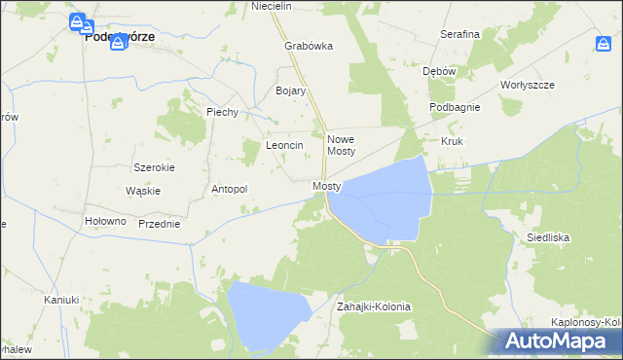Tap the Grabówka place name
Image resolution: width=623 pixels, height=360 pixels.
click(309, 46)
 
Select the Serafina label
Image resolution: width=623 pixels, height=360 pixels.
click(459, 34)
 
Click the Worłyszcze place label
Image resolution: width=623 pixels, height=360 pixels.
click(527, 85)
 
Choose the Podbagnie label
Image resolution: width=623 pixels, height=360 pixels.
click(454, 107)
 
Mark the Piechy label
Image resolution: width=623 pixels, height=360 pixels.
click(222, 112)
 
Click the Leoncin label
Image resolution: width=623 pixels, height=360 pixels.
click(285, 145)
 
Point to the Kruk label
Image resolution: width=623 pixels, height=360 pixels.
click(452, 141)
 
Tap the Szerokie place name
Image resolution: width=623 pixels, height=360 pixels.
click(154, 167)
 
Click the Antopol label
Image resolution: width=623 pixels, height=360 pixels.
click(230, 189)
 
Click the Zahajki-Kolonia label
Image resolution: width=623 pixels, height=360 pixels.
click(374, 306)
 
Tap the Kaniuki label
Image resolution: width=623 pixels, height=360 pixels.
click(60, 300)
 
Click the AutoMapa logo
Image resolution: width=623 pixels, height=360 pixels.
click(558, 341)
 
